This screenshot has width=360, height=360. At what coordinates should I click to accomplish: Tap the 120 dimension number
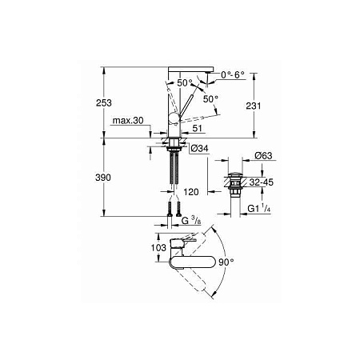pos(193,192)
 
